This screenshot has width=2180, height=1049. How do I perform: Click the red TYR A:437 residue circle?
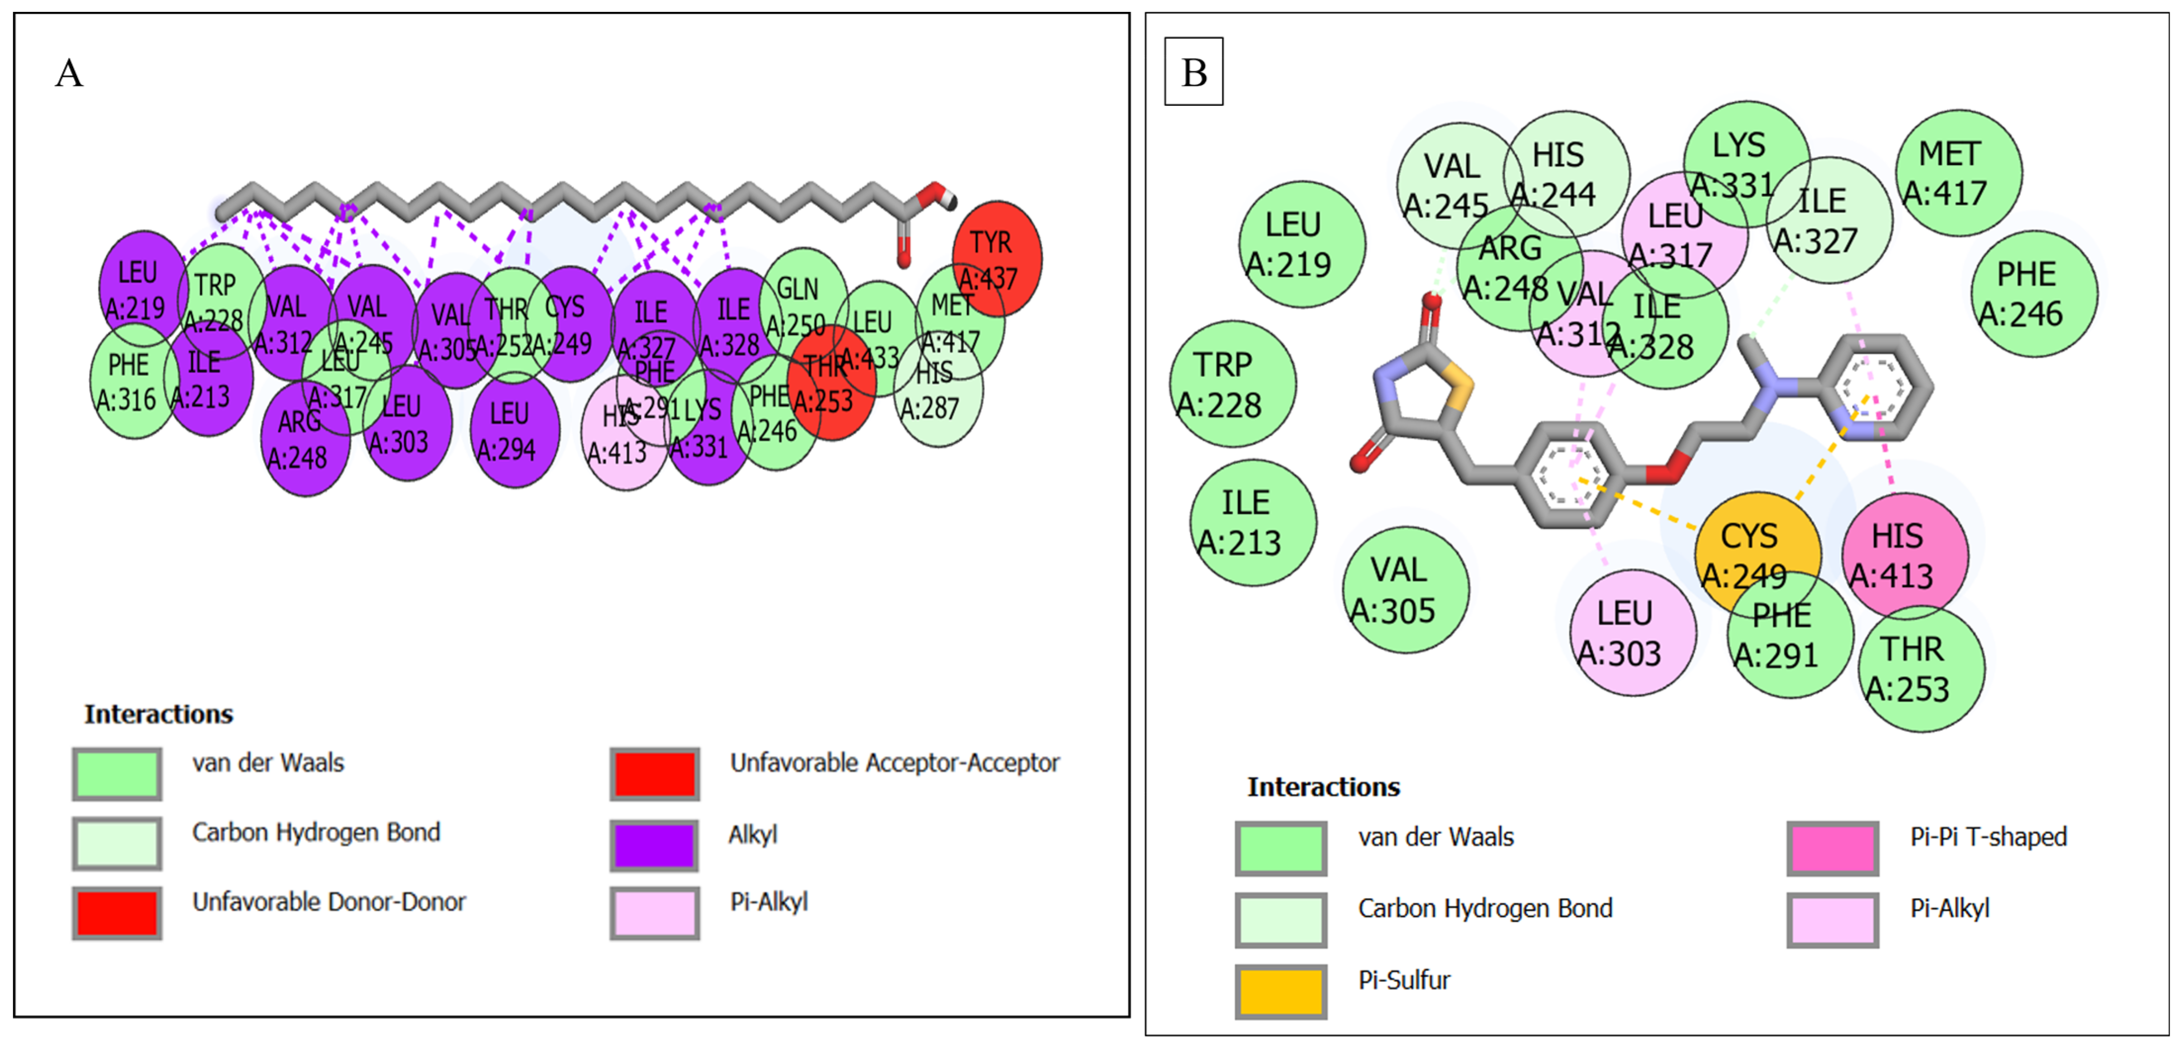[x=996, y=259]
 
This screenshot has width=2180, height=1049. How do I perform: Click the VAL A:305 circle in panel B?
[x=1405, y=590]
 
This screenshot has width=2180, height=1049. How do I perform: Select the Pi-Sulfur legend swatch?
[x=1280, y=992]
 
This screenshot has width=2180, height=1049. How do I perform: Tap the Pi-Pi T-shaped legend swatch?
[x=1832, y=848]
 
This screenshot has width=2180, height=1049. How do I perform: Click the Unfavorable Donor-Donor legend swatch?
[x=117, y=913]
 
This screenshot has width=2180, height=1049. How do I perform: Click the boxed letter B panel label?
[x=1193, y=72]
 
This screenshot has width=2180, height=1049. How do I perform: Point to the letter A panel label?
[x=69, y=74]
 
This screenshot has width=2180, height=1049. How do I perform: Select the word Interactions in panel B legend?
[x=1323, y=787]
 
